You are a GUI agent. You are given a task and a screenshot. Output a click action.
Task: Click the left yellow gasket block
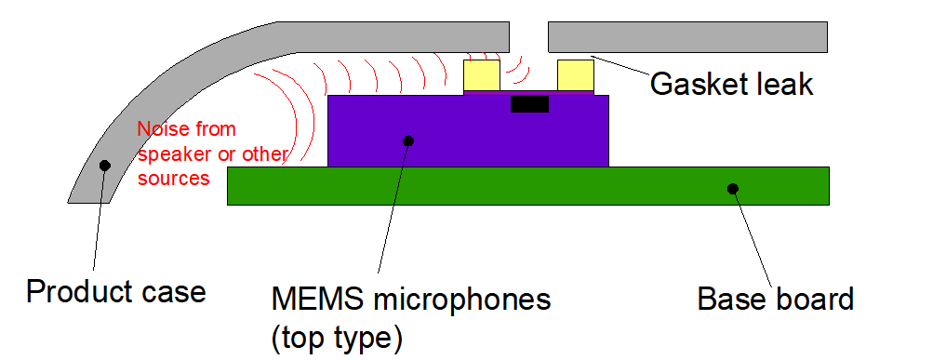[481, 73]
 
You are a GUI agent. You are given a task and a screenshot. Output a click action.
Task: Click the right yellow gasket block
[575, 73]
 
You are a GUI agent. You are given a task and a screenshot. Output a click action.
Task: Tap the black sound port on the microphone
[529, 103]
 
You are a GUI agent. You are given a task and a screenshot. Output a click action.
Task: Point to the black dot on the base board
[732, 189]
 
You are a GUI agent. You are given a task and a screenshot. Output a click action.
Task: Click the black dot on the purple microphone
[407, 140]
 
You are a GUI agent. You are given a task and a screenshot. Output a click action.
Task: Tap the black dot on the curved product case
[104, 166]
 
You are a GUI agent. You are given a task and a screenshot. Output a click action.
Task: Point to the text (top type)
[337, 338]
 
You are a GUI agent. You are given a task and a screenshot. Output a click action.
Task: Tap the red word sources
[173, 177]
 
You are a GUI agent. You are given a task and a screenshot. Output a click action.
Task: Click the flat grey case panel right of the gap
[687, 37]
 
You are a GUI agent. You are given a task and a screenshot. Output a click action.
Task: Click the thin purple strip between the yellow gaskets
[527, 91]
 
